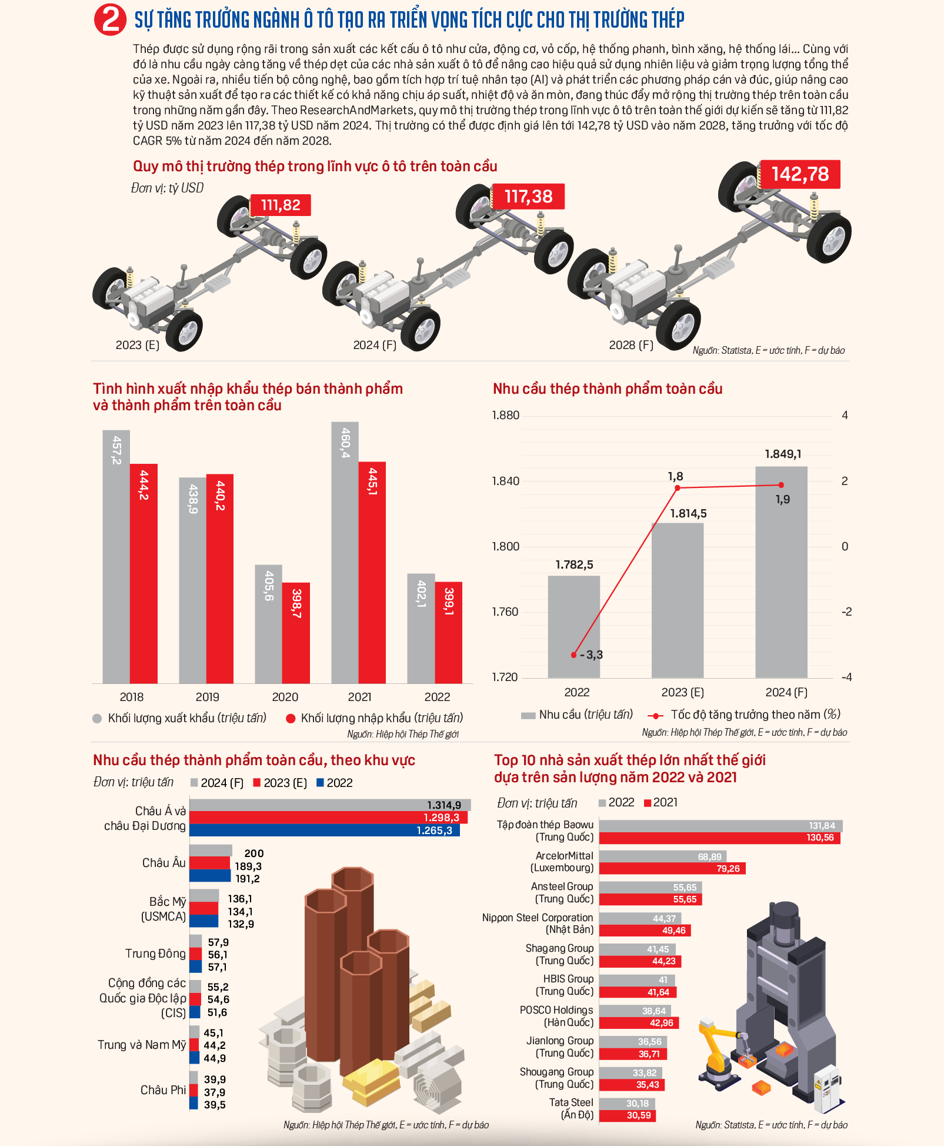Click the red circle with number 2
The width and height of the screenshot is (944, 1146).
110,19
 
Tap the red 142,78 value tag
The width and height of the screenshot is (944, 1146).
800,174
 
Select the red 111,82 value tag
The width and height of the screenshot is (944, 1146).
281,205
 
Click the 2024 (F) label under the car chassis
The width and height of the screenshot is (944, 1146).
375,345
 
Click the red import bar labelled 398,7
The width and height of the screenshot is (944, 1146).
296,633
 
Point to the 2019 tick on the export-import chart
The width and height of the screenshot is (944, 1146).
207,697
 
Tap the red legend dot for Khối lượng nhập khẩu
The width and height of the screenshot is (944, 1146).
291,718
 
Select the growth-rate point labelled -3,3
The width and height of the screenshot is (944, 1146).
574,655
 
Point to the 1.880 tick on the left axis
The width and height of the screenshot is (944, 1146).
506,416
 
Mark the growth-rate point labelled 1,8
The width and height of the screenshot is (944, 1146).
678,488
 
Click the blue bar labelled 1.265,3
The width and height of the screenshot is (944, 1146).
324,831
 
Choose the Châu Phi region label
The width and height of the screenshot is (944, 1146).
163,1090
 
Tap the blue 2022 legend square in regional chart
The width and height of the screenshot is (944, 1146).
320,783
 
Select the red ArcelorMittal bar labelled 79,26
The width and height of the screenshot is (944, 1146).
672,869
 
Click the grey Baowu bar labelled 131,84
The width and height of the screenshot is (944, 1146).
720,826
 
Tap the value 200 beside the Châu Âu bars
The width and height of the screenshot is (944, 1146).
254,853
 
